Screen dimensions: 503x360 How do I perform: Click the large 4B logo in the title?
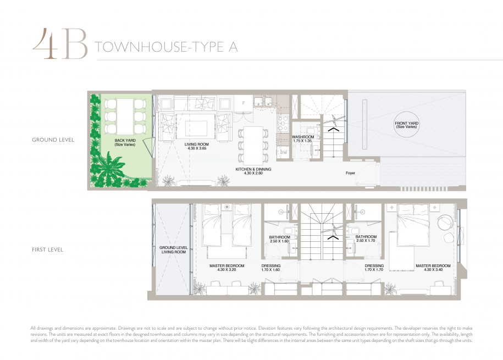(60, 44)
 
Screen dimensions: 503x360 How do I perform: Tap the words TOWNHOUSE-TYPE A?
(166, 47)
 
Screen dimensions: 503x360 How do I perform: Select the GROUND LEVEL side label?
(53, 140)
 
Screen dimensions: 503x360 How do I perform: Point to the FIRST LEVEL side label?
(47, 250)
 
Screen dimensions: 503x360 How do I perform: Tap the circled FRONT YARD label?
(406, 125)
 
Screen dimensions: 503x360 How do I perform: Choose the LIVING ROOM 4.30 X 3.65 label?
(197, 146)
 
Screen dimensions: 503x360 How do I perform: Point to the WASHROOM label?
(303, 137)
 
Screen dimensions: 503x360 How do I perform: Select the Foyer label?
(350, 173)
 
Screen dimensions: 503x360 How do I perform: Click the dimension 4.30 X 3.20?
(227, 270)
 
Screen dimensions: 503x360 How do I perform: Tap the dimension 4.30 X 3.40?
(433, 270)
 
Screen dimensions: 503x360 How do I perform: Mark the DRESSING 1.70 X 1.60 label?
(271, 268)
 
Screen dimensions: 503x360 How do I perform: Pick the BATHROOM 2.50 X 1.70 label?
(366, 239)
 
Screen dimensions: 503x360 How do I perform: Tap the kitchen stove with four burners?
(283, 124)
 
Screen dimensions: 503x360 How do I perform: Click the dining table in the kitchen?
(253, 145)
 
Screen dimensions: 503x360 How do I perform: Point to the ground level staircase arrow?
(333, 129)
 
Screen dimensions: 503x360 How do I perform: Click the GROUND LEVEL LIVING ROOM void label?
(174, 250)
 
